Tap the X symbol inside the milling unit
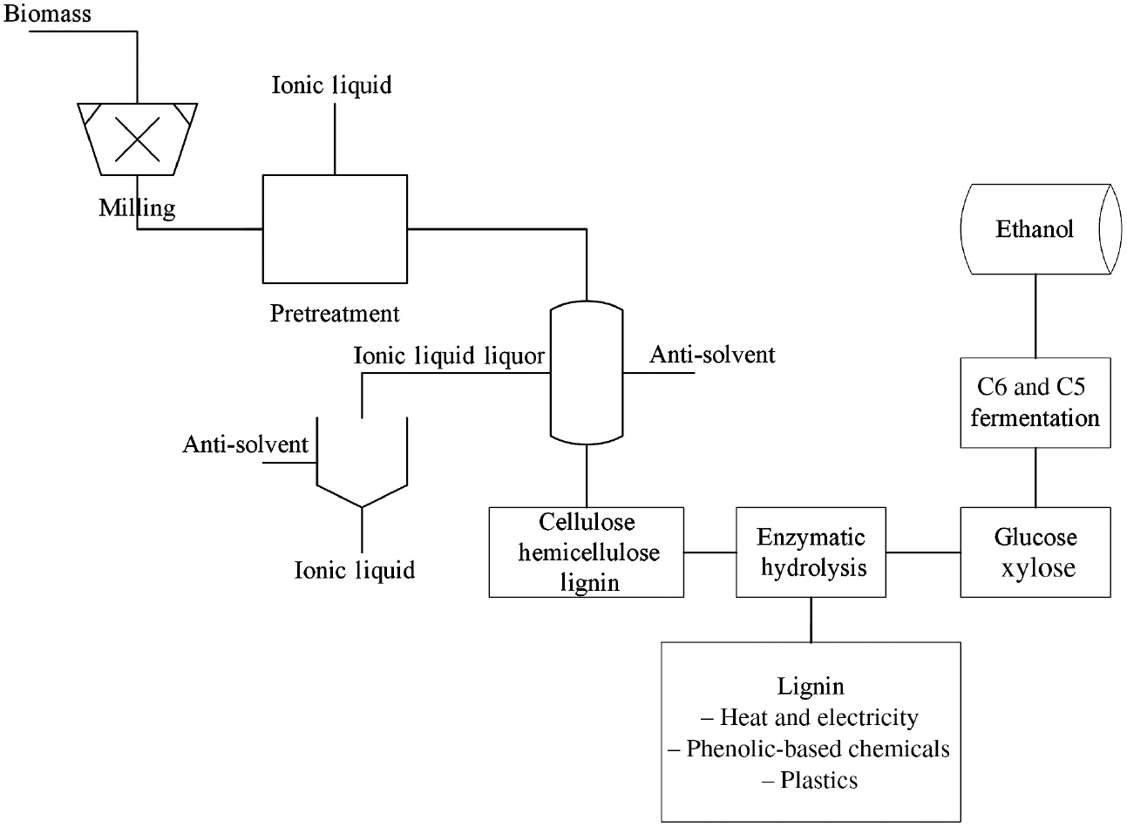138,138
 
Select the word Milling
137,208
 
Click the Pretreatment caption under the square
334,313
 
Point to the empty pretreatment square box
335,228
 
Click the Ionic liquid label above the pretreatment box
332,85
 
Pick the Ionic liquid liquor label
449,356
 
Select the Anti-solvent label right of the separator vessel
712,355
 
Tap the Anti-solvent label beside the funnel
245,444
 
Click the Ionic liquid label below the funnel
355,570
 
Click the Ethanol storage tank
1035,229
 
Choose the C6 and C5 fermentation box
1035,403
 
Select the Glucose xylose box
1035,552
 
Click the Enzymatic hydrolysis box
811,552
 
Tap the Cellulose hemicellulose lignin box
587,552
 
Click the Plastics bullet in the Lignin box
810,780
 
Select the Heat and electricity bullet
810,718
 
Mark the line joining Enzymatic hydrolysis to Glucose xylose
924,552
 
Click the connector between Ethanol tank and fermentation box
1035,315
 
